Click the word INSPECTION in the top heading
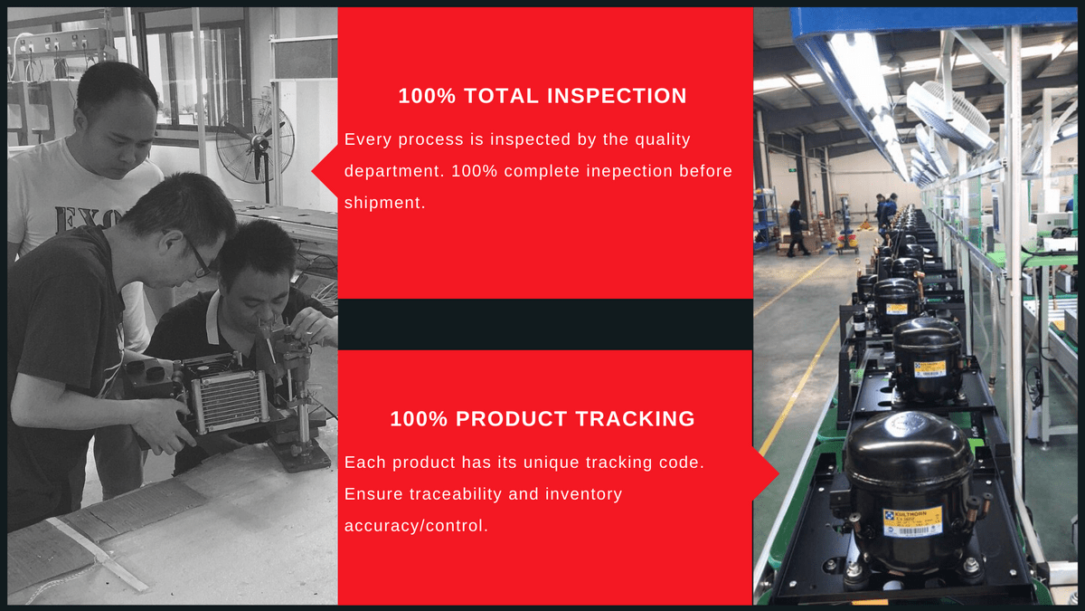[x=617, y=96]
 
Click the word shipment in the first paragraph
[x=384, y=203]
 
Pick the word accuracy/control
[x=416, y=526]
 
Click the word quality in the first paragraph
[x=663, y=139]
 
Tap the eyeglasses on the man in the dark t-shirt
[x=198, y=257]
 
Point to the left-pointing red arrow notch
[x=325, y=171]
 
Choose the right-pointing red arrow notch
[x=765, y=473]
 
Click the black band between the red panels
[x=545, y=324]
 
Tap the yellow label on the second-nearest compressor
[x=929, y=369]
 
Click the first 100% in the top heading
[x=427, y=96]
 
